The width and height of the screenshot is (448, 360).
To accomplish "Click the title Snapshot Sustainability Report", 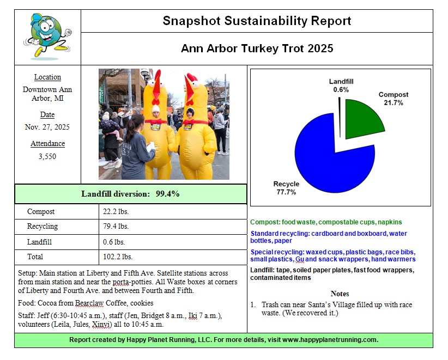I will (257, 21).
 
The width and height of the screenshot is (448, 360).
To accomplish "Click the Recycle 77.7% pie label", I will (287, 188).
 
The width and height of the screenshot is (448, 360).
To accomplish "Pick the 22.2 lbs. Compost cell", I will (116, 211).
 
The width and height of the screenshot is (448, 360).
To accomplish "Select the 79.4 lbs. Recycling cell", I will (116, 227).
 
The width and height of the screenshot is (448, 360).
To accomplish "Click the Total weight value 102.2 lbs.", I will (117, 257).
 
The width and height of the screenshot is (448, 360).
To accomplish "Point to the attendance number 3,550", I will (47, 156).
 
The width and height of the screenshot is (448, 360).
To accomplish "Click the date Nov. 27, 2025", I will (47, 127).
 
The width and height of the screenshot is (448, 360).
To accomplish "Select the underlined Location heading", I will (47, 77).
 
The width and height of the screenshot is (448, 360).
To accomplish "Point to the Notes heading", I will (340, 294).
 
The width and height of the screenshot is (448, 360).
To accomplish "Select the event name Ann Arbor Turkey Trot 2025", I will (257, 48).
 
